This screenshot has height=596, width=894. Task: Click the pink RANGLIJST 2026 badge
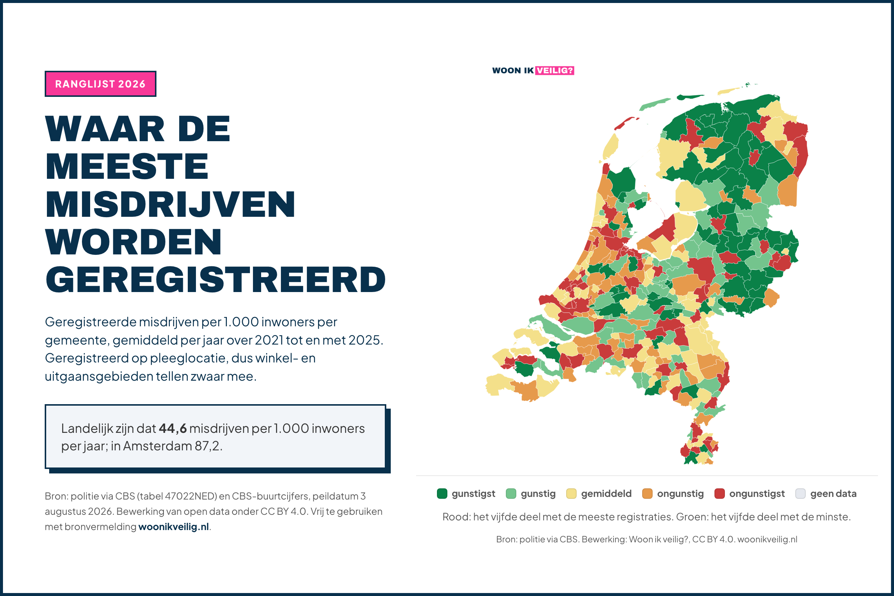(x=100, y=83)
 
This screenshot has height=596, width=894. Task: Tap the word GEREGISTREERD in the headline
(x=216, y=280)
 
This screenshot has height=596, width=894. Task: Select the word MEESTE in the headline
(x=127, y=167)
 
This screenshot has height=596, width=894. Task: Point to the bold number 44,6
(x=172, y=428)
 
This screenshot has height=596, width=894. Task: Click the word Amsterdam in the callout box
(x=157, y=446)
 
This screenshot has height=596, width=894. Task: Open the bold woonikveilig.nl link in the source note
(x=174, y=527)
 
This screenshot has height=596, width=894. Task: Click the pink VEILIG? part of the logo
(x=555, y=70)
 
